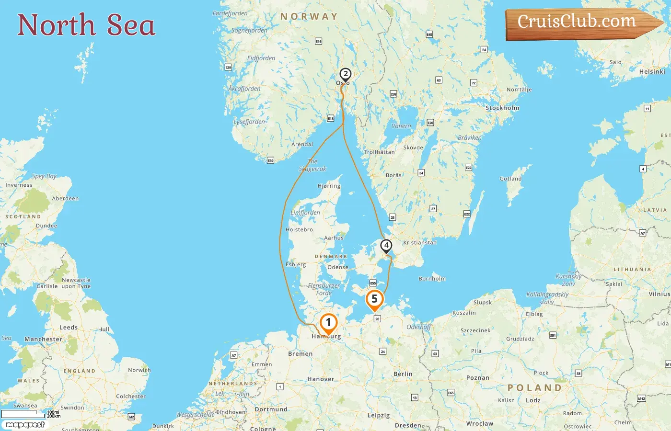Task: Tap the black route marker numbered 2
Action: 345,74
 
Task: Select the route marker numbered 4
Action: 386,246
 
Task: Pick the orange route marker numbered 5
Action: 374,299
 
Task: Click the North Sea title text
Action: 86,25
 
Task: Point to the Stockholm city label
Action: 502,108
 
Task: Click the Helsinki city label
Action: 652,72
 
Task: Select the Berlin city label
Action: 403,374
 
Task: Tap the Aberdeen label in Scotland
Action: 65,199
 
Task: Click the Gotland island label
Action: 510,179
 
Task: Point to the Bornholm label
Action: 432,279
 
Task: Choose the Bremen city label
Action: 300,354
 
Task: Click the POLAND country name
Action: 534,388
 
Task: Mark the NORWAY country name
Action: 309,17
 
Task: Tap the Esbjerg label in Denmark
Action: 296,265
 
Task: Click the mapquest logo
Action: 25,425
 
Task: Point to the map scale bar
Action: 23,414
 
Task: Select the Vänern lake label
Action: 401,126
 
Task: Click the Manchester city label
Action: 43,340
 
